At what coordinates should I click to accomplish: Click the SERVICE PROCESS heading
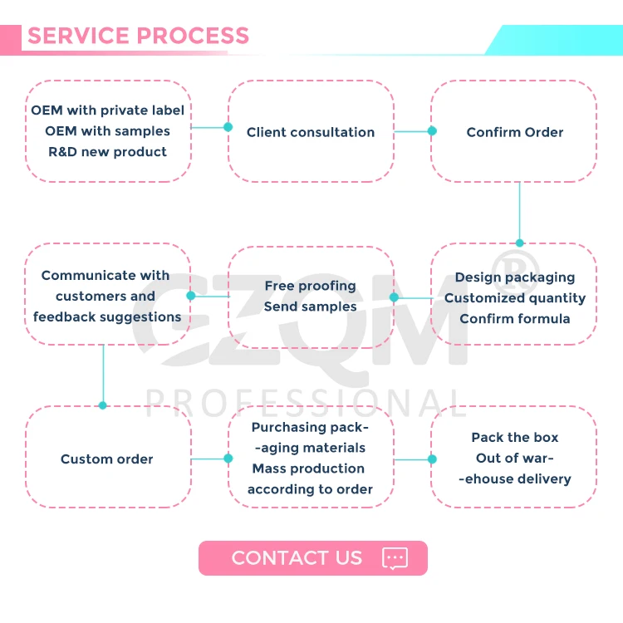click(138, 37)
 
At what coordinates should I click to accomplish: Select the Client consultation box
click(311, 132)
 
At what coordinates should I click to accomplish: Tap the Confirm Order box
click(514, 132)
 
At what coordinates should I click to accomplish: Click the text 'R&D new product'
click(107, 152)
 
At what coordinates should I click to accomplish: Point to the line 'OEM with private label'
click(107, 110)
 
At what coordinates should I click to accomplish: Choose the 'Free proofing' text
click(310, 286)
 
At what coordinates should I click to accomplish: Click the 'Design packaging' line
click(514, 277)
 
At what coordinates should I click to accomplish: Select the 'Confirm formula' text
click(514, 318)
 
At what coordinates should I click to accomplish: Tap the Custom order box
click(107, 459)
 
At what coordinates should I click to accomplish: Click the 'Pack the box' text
click(514, 438)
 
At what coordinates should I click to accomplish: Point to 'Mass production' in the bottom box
click(308, 468)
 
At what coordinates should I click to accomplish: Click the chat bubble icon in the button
click(395, 558)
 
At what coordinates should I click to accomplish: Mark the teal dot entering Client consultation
click(228, 127)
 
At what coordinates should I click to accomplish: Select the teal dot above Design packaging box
click(520, 243)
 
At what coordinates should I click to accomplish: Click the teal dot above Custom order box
click(103, 405)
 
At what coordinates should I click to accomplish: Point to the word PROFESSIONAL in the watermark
click(307, 402)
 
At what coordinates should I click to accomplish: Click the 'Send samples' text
click(310, 307)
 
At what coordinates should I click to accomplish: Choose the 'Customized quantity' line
click(514, 298)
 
